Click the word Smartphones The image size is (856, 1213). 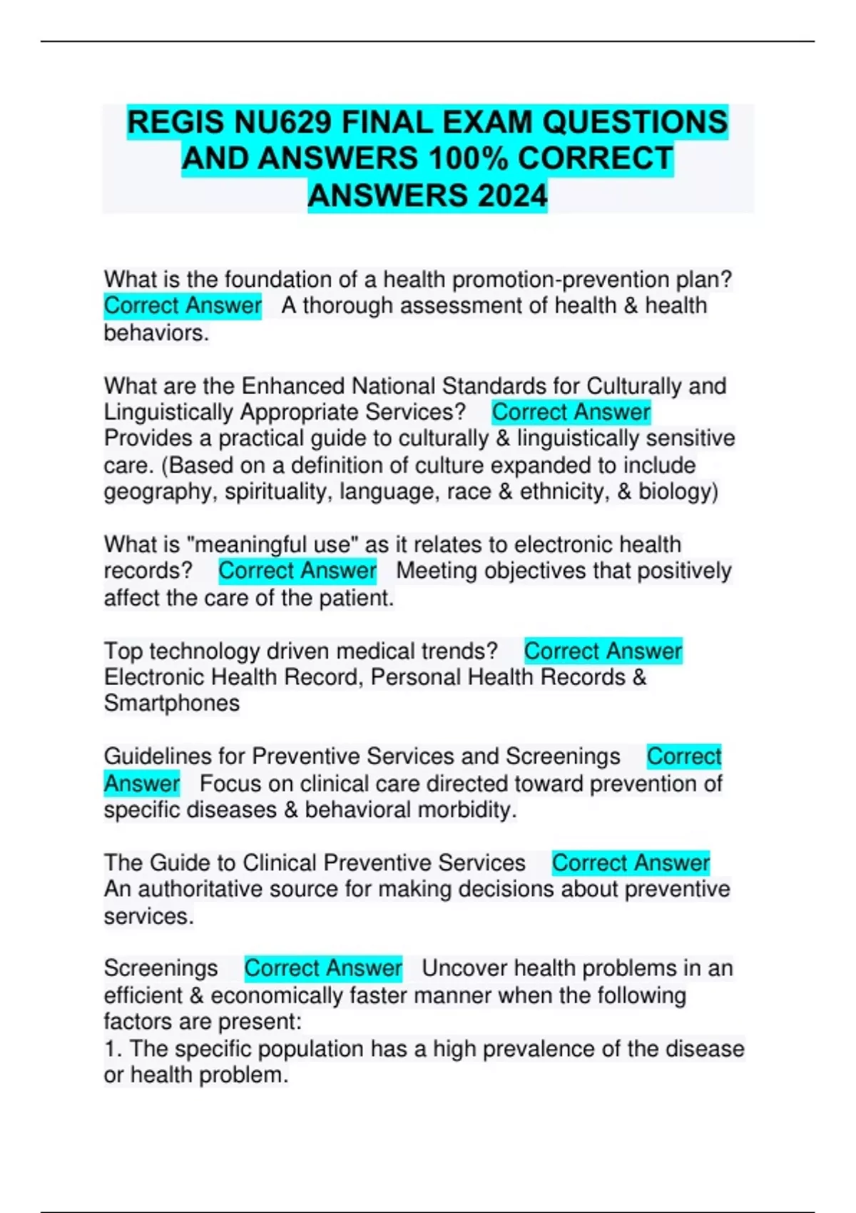point(172,704)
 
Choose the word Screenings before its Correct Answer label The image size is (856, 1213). point(160,968)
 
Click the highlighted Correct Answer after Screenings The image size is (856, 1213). point(323,968)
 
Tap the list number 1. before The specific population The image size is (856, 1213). point(113,1049)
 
